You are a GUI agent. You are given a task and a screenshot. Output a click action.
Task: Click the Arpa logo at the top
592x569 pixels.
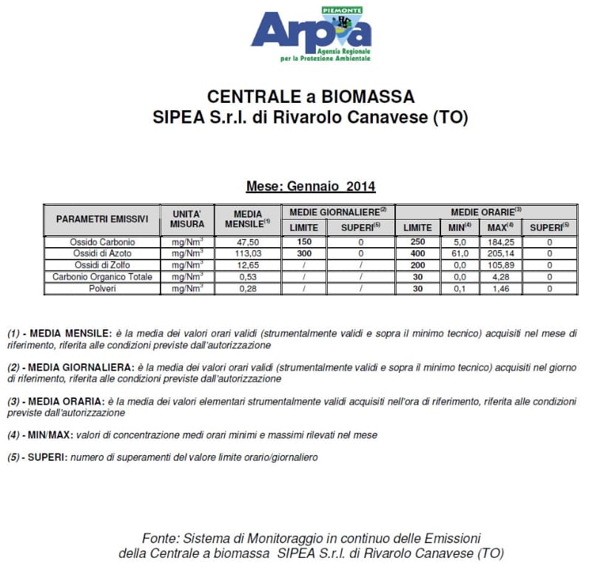pyautogui.click(x=311, y=34)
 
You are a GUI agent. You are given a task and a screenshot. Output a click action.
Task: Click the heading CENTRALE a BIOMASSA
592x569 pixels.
pyautogui.click(x=311, y=97)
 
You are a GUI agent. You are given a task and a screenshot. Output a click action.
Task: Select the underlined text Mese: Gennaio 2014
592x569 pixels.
pyautogui.click(x=311, y=186)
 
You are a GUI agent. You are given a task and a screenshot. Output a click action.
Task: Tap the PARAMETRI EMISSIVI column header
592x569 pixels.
pyautogui.click(x=102, y=219)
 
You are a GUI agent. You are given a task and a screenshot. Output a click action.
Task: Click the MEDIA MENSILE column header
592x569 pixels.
pyautogui.click(x=247, y=219)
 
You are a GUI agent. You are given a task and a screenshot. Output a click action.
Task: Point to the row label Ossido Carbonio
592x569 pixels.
pyautogui.click(x=102, y=242)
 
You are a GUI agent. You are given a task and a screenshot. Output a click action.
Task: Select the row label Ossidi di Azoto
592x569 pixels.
pyautogui.click(x=102, y=254)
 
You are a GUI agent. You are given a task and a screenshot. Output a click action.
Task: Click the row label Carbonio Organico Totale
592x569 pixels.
pyautogui.click(x=102, y=277)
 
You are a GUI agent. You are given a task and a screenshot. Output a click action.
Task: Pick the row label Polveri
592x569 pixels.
pyautogui.click(x=102, y=289)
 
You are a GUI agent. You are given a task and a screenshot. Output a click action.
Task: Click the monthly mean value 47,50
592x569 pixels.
pyautogui.click(x=247, y=242)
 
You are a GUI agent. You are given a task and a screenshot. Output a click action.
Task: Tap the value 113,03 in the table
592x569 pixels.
pyautogui.click(x=247, y=254)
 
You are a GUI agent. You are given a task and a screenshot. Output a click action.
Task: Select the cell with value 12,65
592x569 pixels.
pyautogui.click(x=247, y=265)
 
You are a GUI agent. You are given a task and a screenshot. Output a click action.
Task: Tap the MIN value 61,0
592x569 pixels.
pyautogui.click(x=460, y=254)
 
